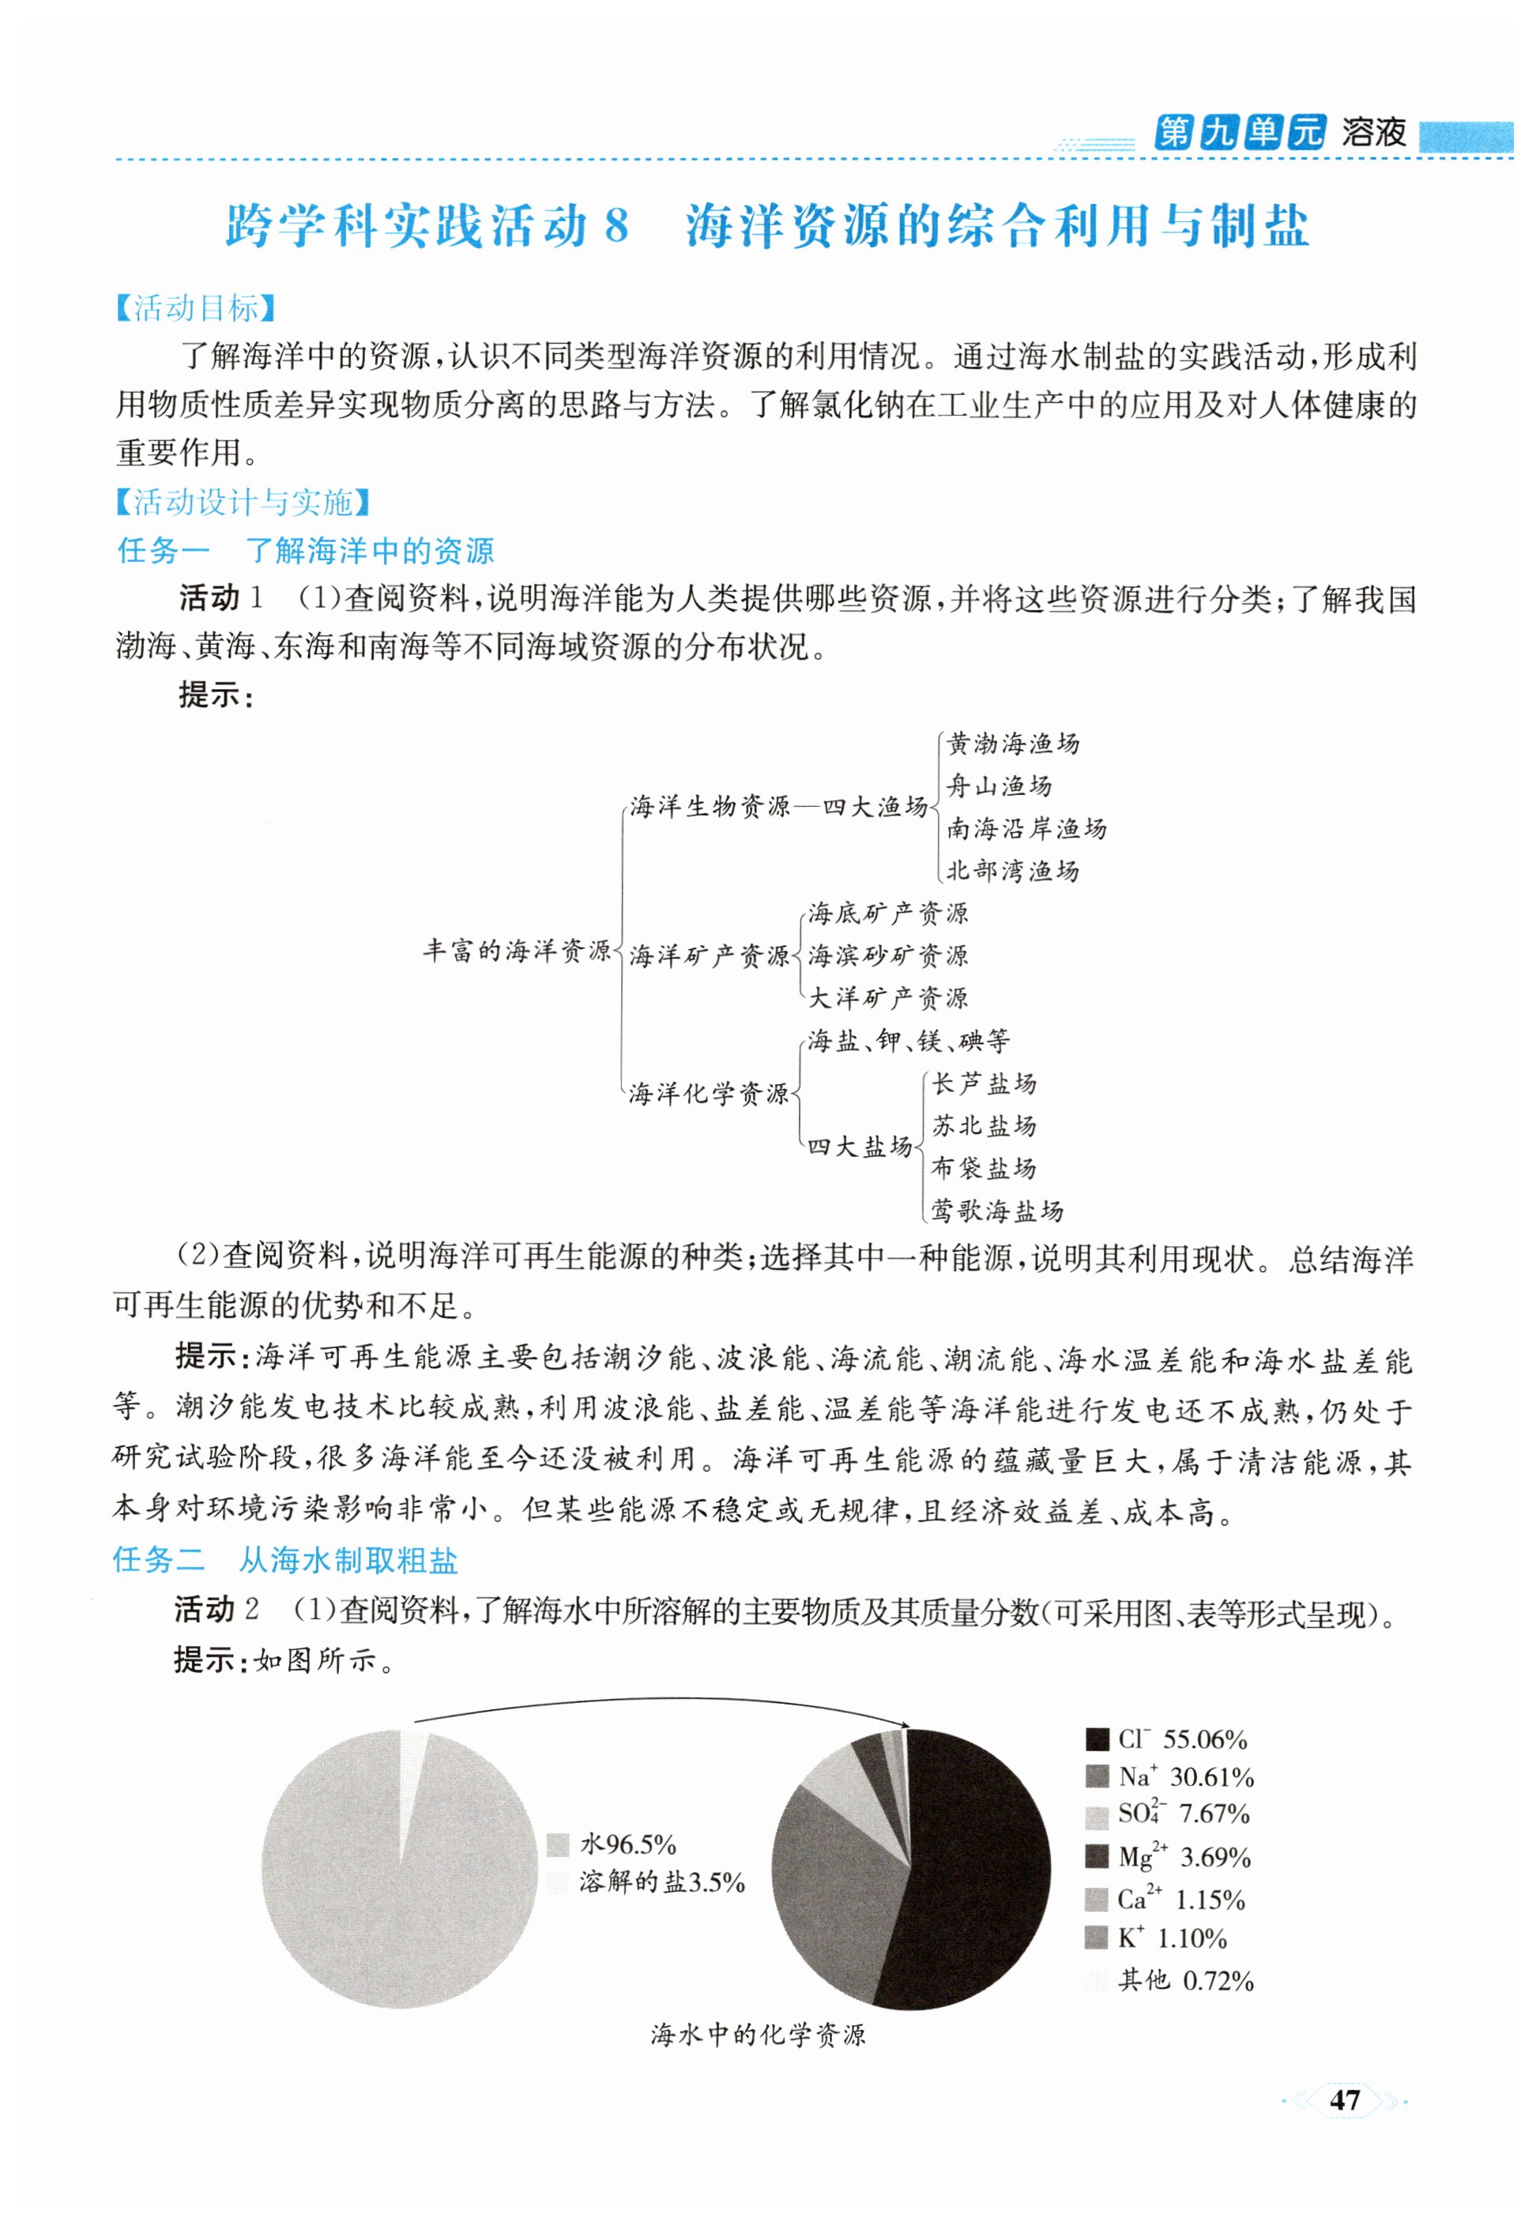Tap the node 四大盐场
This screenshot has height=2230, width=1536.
coord(860,1147)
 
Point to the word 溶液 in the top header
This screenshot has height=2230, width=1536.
coord(1373,132)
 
